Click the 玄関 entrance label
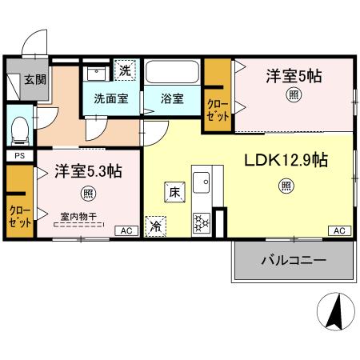(x=34, y=79)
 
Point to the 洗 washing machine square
(x=124, y=70)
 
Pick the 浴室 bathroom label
(x=172, y=99)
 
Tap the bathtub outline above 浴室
(x=172, y=74)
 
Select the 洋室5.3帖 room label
(x=87, y=171)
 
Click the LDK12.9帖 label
(x=286, y=159)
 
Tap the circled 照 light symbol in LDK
(x=286, y=186)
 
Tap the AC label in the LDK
(x=338, y=230)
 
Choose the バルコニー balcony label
(x=293, y=261)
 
